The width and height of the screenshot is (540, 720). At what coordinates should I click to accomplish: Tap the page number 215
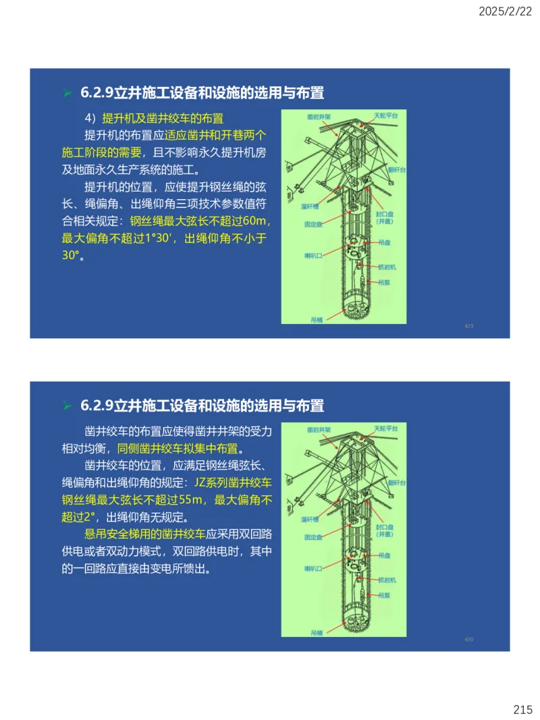(522, 709)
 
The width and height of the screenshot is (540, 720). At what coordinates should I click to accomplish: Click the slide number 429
(468, 326)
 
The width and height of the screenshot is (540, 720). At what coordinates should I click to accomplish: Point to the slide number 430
(468, 639)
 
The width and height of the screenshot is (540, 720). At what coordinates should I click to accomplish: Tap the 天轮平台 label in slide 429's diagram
(386, 115)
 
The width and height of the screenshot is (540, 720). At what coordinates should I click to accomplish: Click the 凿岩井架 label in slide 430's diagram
(319, 429)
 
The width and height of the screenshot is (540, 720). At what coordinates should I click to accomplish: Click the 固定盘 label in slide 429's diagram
(313, 223)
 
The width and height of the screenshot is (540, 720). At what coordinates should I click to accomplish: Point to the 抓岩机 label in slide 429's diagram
(387, 268)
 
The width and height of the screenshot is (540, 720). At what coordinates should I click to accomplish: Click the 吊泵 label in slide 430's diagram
(385, 595)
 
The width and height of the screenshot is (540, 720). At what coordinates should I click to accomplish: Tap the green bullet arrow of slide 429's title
(67, 92)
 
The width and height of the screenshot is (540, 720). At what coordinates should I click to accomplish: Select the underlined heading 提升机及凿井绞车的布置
(163, 117)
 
